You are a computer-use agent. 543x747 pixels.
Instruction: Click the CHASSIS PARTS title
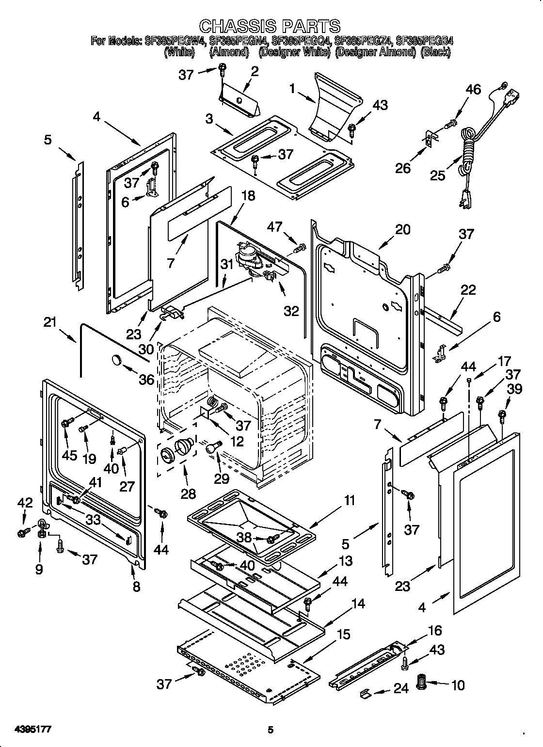tap(270, 25)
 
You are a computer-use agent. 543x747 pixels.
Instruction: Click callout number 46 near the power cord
tap(473, 89)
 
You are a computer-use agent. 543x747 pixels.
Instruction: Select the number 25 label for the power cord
tap(438, 175)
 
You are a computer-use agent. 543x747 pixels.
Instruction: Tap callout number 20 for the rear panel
tap(402, 229)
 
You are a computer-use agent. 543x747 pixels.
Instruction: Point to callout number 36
tap(146, 379)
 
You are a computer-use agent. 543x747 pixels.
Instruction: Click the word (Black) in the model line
tap(435, 52)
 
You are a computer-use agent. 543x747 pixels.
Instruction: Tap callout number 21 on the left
tap(50, 322)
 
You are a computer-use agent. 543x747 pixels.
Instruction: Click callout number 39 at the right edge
tap(515, 389)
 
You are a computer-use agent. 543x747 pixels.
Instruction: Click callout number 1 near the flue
tap(292, 89)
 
